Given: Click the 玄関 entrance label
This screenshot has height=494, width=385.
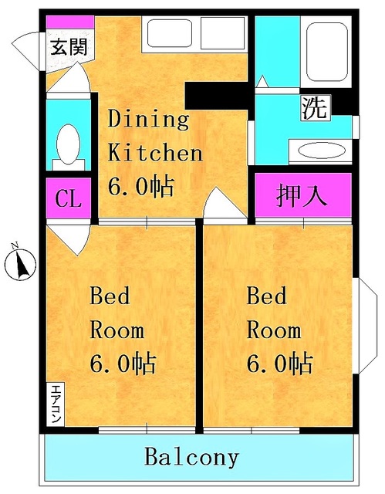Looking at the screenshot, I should click(68, 46).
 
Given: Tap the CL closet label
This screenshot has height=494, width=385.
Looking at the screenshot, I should click(68, 199).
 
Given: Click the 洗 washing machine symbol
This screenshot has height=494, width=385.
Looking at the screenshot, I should click(314, 107).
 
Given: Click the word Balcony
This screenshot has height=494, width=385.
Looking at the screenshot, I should click(192, 457).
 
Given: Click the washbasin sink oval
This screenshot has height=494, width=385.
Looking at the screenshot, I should click(323, 150).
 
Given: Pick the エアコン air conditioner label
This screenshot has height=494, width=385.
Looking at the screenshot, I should click(56, 402).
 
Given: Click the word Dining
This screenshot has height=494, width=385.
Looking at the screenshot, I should click(147, 120).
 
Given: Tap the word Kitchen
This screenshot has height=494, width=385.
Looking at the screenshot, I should click(154, 152).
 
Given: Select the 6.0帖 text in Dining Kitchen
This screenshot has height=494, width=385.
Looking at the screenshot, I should click(140, 185).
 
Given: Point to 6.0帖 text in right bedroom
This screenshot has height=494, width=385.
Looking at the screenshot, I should click(279, 363).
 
